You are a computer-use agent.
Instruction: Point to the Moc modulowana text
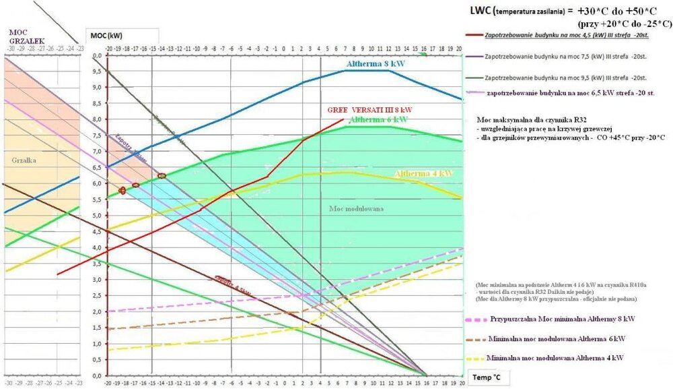click(357, 209)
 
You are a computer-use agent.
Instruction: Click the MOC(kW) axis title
click(106, 34)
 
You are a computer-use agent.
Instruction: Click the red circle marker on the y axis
click(122, 191)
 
